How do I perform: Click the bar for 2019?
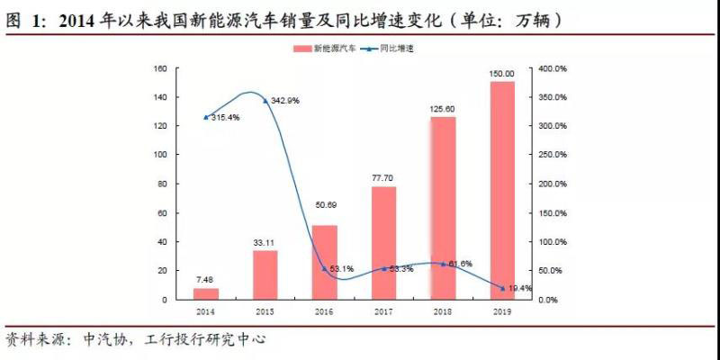(x=502, y=190)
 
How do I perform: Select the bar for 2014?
(x=206, y=293)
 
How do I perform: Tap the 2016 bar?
(x=324, y=262)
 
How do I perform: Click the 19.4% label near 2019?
(x=520, y=288)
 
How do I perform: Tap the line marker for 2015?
(x=265, y=101)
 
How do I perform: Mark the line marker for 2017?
(x=383, y=268)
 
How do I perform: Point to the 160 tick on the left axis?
(x=161, y=68)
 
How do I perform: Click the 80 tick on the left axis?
(x=163, y=184)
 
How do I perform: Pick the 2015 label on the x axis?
(x=265, y=310)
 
